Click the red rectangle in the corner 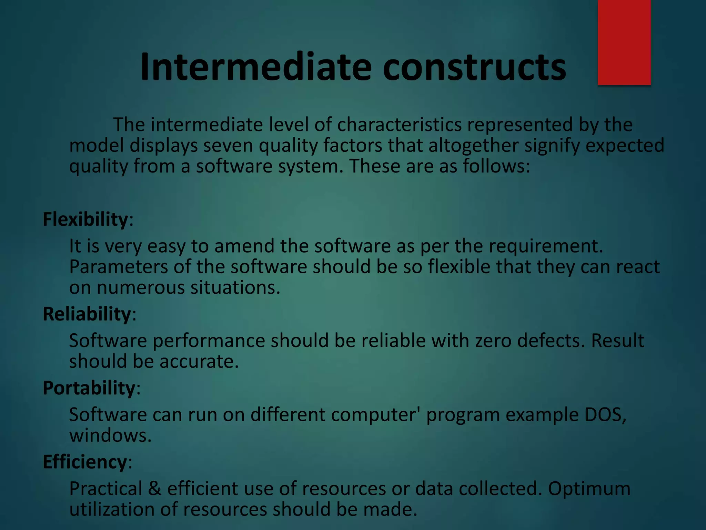[624, 42]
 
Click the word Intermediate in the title [255, 67]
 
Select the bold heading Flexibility [85, 219]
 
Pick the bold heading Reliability [87, 314]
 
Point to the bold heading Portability [89, 388]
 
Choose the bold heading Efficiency [85, 462]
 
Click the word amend [244, 246]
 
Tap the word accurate [199, 362]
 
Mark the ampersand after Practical [155, 489]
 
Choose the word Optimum [589, 489]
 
